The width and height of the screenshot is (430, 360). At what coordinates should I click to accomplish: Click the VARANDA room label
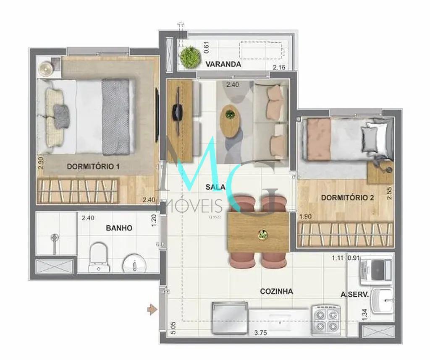tap(223, 64)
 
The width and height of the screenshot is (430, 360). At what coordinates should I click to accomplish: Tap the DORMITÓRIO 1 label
tap(93, 166)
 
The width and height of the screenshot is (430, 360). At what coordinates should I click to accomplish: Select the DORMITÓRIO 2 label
tap(347, 198)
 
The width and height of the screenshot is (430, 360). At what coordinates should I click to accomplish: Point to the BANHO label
tap(119, 228)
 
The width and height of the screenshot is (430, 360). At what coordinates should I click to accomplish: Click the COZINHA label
tap(276, 291)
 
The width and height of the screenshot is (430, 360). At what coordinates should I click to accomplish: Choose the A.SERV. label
tap(354, 295)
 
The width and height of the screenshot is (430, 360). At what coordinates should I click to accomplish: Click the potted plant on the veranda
tap(189, 57)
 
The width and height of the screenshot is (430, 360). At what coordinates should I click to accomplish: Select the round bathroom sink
tap(134, 264)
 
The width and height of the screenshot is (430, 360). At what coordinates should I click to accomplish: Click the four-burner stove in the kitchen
tap(326, 321)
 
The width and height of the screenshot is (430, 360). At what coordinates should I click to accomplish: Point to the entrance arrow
tap(152, 310)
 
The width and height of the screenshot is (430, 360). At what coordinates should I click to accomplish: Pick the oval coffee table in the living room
tap(229, 121)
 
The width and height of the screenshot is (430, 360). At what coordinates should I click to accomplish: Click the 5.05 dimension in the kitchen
tap(173, 328)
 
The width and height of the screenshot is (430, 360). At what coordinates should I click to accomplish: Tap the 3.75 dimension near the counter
tap(260, 333)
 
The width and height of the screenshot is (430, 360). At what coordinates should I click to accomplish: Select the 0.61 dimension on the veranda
tap(207, 47)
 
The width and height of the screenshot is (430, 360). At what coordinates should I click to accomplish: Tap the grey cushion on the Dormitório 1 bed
tap(61, 116)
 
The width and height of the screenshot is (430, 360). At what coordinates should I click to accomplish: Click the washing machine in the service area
tap(376, 270)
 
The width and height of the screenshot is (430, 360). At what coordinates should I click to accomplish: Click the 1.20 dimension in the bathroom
tap(154, 220)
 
